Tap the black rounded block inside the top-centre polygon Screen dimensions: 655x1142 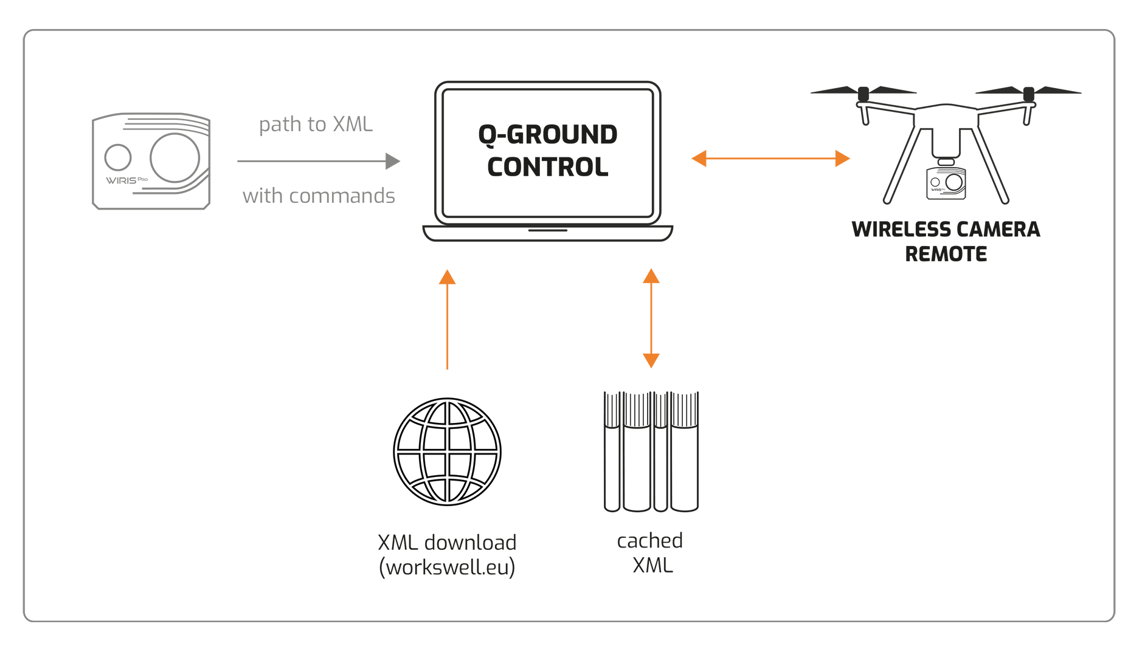coord(547,152)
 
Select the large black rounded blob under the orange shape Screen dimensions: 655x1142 coord(420,437)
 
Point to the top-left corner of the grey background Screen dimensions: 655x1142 coord(24,29)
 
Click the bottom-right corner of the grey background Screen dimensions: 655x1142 coord(1114,620)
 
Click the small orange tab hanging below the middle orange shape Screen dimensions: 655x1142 coord(651,362)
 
